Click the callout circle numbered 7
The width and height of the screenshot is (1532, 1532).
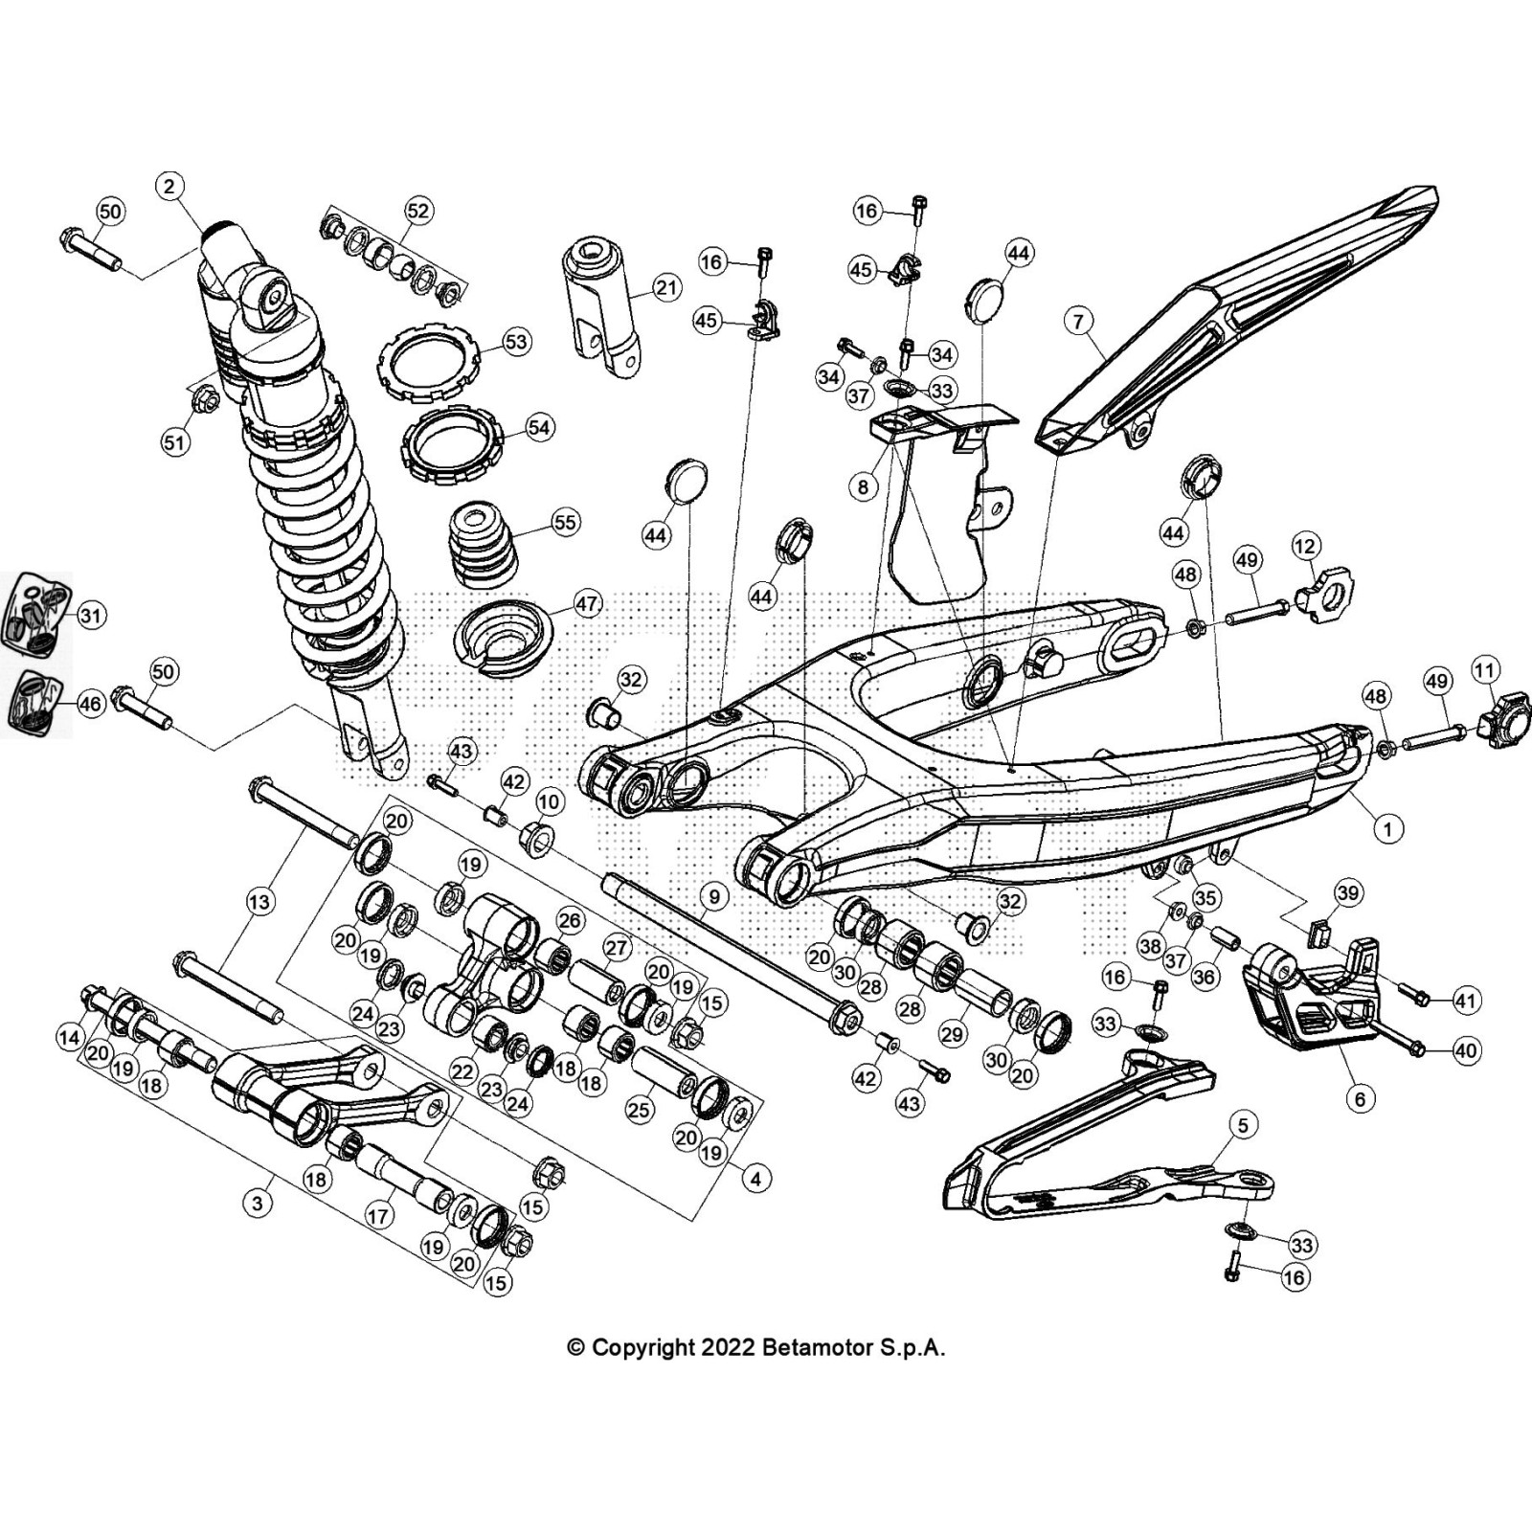(x=1079, y=321)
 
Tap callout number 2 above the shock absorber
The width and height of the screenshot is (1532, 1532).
(x=169, y=186)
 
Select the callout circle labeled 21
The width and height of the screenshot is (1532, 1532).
(x=665, y=287)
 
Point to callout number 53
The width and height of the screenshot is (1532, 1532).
(x=516, y=342)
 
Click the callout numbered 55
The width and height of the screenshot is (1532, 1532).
(x=566, y=522)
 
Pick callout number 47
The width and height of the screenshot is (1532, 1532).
(x=587, y=604)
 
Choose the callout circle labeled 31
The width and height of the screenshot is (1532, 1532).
(x=90, y=615)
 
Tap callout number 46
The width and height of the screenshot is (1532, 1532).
(x=89, y=705)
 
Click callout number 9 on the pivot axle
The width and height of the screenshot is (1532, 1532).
(x=713, y=897)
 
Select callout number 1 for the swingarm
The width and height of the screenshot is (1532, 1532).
(x=1387, y=828)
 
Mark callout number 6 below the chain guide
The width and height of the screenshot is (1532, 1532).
(x=1360, y=1099)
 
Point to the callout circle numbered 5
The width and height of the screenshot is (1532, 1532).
(x=1243, y=1124)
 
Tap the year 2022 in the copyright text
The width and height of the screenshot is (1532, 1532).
(x=729, y=1348)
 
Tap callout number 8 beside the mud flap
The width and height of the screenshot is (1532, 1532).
(x=863, y=486)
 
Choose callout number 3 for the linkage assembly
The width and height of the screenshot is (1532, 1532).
(x=257, y=1204)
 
